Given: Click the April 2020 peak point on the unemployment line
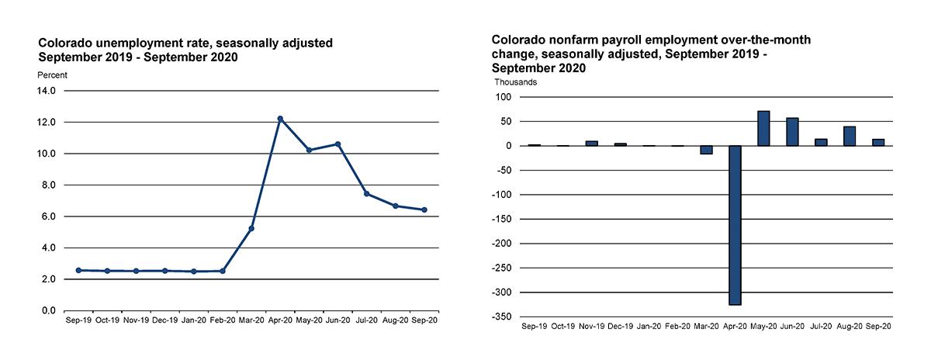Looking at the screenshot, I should click(280, 119).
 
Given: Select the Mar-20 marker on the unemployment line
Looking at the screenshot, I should click(251, 228).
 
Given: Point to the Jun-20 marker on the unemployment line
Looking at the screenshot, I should click(338, 144).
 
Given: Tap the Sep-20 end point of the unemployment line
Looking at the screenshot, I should click(424, 209).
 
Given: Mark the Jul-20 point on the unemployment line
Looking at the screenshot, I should click(367, 194).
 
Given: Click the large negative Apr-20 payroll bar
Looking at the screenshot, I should click(735, 225).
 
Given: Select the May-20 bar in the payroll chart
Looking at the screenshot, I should click(763, 128).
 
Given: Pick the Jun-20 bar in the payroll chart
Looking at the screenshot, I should click(792, 132).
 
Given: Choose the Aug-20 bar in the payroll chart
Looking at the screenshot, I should click(850, 136).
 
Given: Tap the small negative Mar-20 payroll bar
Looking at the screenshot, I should click(706, 150).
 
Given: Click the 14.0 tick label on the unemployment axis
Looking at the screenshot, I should click(46, 91).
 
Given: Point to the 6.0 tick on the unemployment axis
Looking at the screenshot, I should click(48, 216).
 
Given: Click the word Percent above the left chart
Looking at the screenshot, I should click(53, 75).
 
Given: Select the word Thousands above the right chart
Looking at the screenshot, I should click(516, 81).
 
